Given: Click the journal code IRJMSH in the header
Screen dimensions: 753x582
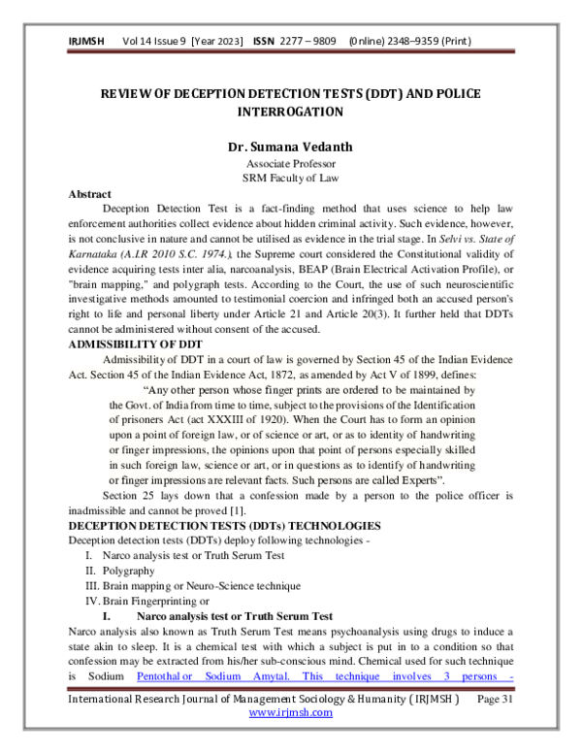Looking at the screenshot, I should [87, 42].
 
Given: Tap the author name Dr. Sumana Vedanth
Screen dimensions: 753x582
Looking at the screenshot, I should [290, 147].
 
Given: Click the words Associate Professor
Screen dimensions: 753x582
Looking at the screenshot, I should [290, 164].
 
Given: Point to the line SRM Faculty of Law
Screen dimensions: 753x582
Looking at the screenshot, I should [290, 179].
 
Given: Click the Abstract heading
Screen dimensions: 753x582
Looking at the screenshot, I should [89, 194].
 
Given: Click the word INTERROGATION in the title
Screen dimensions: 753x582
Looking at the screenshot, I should [290, 112].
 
